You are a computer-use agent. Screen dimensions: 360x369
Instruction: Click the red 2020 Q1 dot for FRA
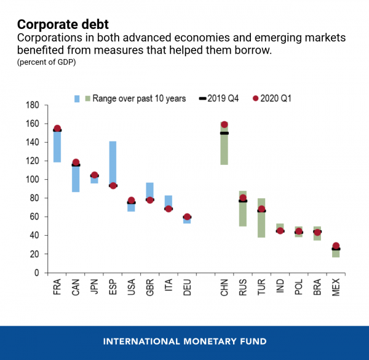57,129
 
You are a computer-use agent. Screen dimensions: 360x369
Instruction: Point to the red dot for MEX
336,246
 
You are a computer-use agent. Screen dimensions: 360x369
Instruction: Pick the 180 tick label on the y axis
33,105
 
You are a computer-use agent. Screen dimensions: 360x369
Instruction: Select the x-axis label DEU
188,289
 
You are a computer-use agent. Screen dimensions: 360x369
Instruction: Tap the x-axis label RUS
244,289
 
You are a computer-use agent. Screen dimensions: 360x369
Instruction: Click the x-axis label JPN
95,289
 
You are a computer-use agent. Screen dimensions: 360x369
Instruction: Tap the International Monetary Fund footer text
184,341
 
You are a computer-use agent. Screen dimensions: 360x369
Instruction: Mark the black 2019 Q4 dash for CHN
224,133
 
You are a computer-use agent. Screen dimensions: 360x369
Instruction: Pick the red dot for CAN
76,162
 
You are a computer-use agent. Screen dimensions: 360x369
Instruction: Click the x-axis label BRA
317,289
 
